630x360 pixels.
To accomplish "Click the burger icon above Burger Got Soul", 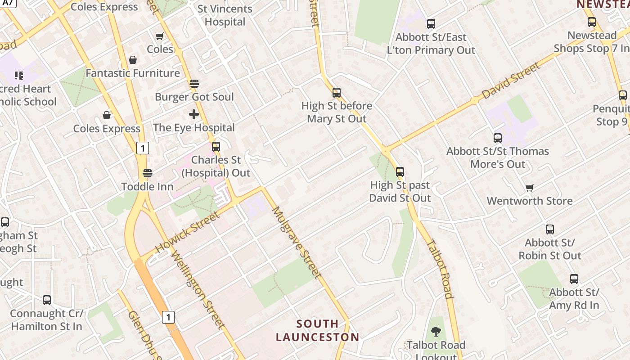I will click(194, 84).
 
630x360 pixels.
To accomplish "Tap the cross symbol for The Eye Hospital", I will click(194, 114).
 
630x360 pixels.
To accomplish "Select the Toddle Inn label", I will click(147, 186).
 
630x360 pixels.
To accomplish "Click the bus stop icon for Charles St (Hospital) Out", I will click(216, 146).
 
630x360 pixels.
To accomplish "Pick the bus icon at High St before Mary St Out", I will click(337, 93).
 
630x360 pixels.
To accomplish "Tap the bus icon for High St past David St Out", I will click(400, 172).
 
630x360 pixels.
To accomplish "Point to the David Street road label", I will click(510, 81).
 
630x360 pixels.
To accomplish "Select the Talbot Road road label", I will click(439, 269).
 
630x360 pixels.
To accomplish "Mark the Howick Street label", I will click(188, 232).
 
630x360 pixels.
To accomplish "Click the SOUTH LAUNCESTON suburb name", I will click(318, 330).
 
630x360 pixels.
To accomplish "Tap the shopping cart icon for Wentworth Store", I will click(530, 188).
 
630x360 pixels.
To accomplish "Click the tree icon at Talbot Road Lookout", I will click(436, 332).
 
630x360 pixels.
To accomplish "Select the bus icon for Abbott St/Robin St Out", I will click(550, 229).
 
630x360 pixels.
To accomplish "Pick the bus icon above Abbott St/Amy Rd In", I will click(574, 279).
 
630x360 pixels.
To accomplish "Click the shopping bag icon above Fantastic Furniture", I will click(133, 60).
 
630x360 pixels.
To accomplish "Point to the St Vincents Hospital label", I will click(225, 15).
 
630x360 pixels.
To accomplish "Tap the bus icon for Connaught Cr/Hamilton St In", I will click(47, 300).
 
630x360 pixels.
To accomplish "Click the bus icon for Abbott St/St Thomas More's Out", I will click(498, 138).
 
